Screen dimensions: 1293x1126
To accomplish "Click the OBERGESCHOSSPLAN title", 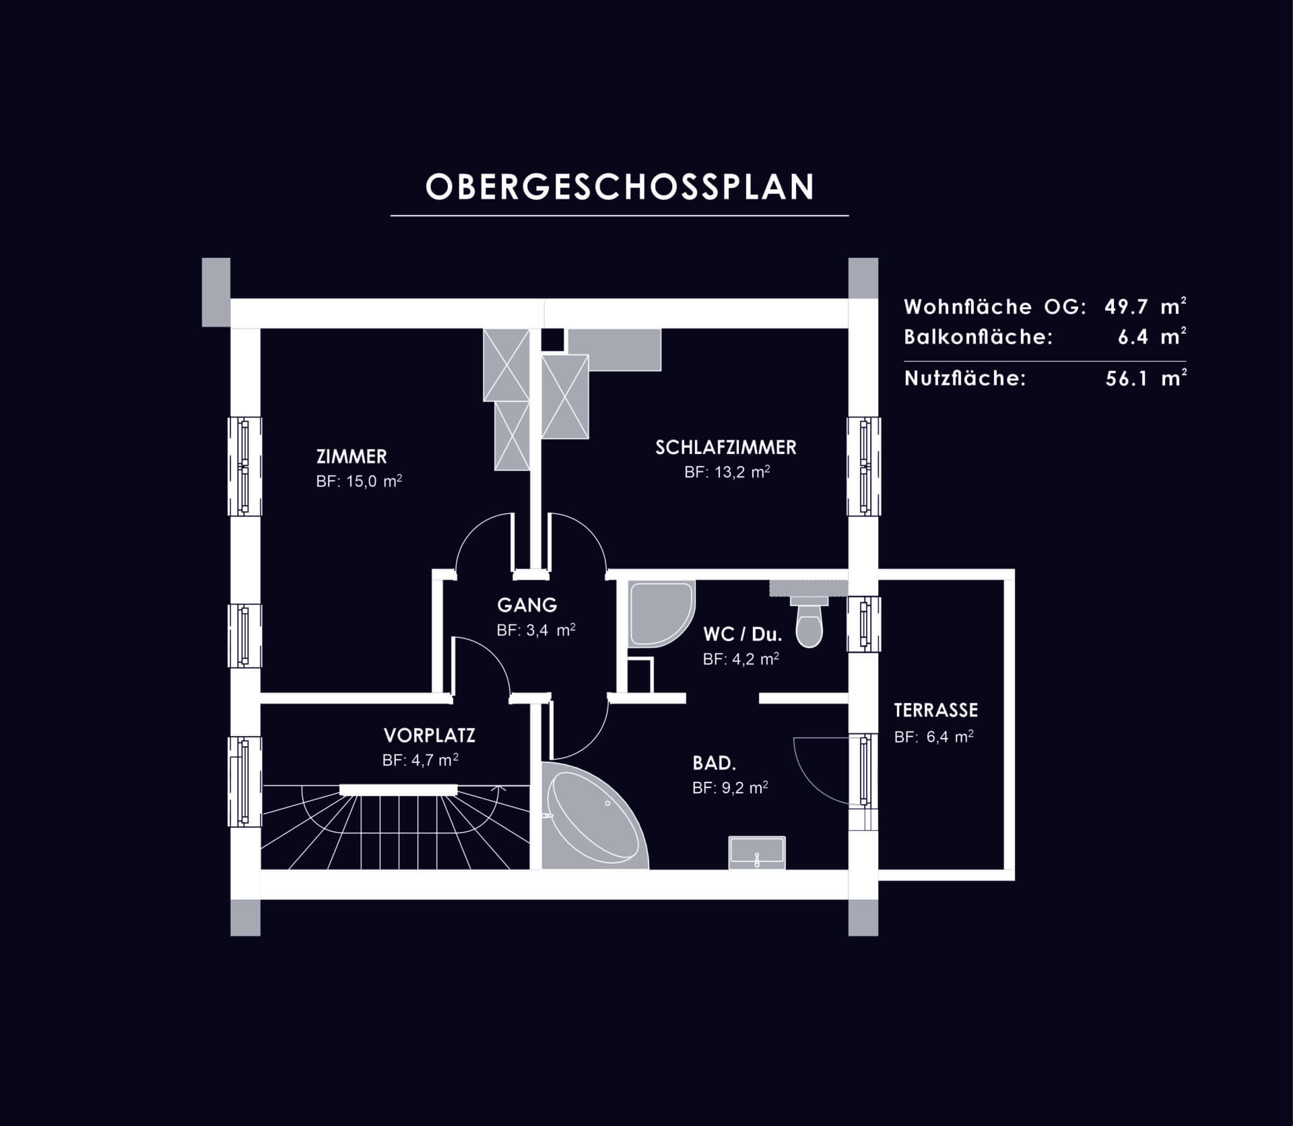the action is click(x=620, y=187).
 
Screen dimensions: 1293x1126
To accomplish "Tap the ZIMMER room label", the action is click(x=352, y=457).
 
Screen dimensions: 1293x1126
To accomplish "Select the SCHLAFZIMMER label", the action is click(x=726, y=447).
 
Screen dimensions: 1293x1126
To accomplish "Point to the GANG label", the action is click(x=527, y=605).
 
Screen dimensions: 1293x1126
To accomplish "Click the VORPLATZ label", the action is click(x=430, y=735).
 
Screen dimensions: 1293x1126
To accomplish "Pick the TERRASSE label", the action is click(x=936, y=710).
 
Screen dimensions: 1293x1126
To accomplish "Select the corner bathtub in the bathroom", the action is click(x=596, y=815).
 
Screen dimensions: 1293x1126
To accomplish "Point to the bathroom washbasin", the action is click(x=757, y=852).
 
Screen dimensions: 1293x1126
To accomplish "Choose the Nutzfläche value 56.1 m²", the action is click(x=1146, y=378).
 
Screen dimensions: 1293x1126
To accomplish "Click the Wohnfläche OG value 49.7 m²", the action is click(x=1146, y=306).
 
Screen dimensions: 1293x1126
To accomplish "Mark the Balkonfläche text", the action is click(x=978, y=337).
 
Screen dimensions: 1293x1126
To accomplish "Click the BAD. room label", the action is click(x=714, y=763).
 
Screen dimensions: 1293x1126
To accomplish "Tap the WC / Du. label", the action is click(x=742, y=634).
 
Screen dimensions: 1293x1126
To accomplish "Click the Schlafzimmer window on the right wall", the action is click(x=864, y=466).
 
